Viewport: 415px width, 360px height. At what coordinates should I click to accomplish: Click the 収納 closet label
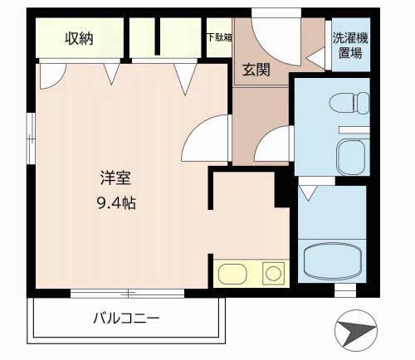(x=80, y=39)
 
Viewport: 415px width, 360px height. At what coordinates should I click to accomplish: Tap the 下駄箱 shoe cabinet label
(x=219, y=37)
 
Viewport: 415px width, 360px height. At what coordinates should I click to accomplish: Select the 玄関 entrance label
(x=256, y=70)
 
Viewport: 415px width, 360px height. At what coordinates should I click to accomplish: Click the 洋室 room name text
(x=114, y=178)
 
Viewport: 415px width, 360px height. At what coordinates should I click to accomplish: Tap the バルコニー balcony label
(x=125, y=317)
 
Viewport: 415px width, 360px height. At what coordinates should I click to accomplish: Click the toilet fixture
(x=349, y=104)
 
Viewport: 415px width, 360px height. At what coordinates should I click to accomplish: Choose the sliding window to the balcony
(x=129, y=292)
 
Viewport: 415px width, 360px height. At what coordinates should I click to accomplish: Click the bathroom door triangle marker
(x=308, y=193)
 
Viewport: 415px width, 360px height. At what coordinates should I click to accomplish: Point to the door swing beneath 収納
(x=50, y=77)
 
